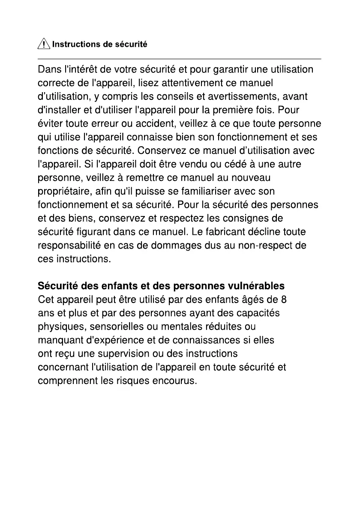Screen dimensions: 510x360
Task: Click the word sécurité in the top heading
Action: coord(132,45)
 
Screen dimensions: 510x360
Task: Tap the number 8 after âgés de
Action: coord(283,299)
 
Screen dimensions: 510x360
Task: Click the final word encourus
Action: coord(174,381)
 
